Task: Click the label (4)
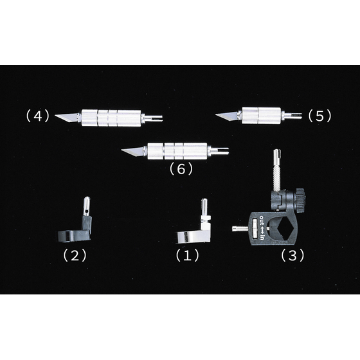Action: click(38, 116)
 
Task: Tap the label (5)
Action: click(319, 116)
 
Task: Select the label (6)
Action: click(181, 169)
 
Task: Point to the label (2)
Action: click(75, 255)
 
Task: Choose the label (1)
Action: click(187, 255)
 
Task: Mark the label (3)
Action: click(292, 255)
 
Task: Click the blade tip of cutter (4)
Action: click(55, 116)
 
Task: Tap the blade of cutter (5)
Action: click(227, 116)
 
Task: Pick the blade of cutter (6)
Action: click(132, 151)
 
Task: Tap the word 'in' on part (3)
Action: click(262, 238)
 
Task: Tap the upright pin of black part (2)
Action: click(87, 206)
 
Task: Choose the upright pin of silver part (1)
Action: click(204, 207)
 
